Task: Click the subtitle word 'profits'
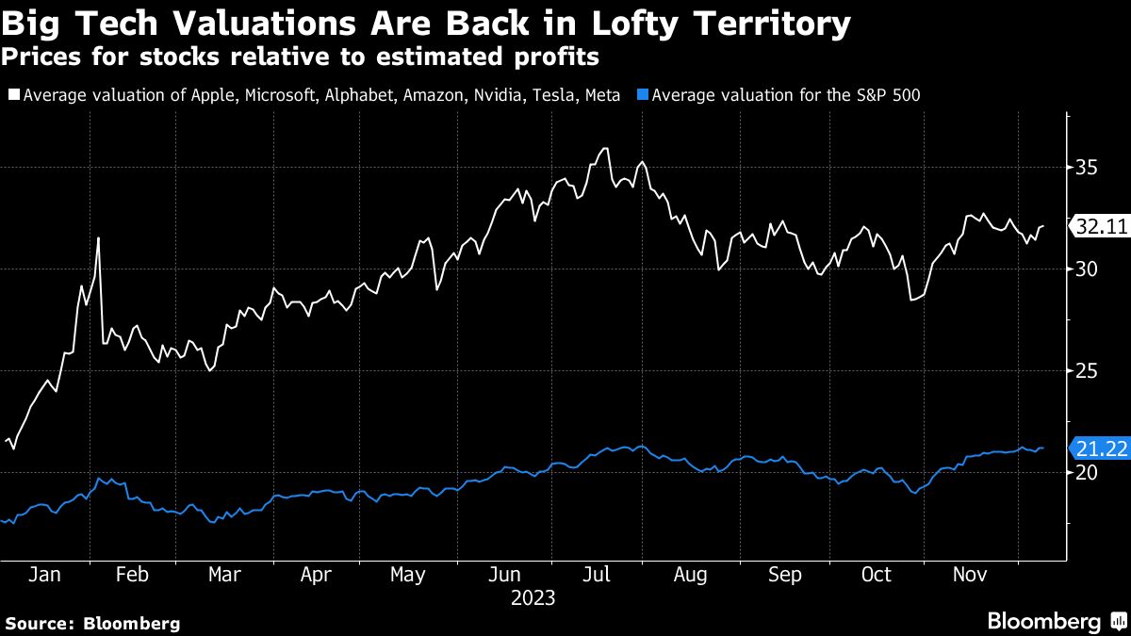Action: pos(549,57)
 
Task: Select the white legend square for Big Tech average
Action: pos(13,95)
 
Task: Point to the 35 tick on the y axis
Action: pos(1085,168)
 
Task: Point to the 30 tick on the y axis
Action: pos(1085,269)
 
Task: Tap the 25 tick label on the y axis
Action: pos(1085,371)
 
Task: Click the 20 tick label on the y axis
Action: pos(1085,473)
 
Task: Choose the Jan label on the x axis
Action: pos(44,575)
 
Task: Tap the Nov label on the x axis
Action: pos(972,575)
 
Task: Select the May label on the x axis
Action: pos(407,575)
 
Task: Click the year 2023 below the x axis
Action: pos(533,597)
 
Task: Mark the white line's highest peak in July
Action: pos(605,148)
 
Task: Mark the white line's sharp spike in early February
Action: pos(98,238)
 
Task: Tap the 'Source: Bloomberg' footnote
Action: pos(92,623)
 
